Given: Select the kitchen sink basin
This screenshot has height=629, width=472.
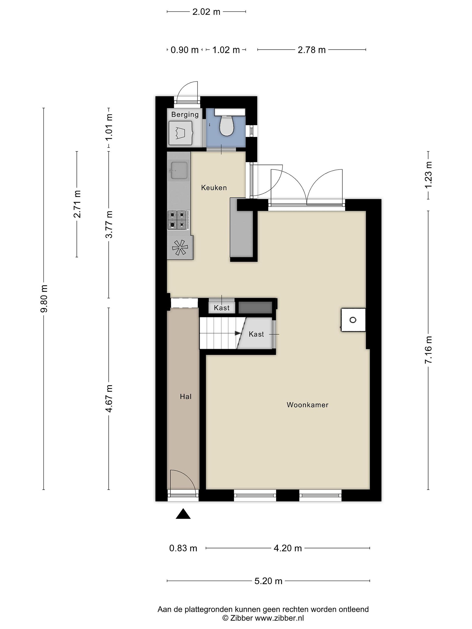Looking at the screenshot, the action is pos(179,171).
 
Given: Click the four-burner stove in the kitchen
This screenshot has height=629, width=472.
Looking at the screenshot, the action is pos(177,220).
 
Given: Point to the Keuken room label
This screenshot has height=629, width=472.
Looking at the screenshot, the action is pos(214,188).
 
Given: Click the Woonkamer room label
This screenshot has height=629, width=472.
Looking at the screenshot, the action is pos(307,405).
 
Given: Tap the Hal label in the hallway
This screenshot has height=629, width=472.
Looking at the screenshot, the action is pos(186,397).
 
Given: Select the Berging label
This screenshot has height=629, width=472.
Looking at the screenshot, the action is pos(185,115).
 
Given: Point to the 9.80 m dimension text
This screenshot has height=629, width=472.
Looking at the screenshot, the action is pos(44,298).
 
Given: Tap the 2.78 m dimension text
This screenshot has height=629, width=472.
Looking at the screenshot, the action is pos(312,50).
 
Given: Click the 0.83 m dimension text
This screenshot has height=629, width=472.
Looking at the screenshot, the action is pos(183,548).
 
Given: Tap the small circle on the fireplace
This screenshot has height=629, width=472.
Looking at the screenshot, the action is pos(353,320).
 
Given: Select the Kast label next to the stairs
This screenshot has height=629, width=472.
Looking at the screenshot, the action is pos(256,334).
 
